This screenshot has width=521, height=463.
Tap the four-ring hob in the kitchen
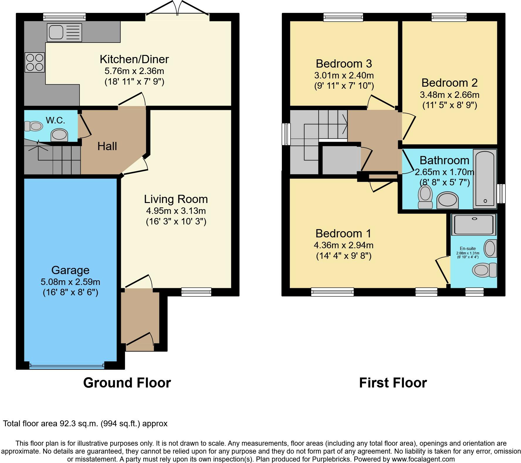(x=35, y=62)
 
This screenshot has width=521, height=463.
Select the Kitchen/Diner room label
(x=134, y=59)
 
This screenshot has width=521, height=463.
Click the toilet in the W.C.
(x=33, y=126)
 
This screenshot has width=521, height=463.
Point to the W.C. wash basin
(x=60, y=135)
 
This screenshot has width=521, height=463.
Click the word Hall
(x=107, y=146)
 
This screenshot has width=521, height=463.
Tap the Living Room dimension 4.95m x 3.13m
(x=176, y=211)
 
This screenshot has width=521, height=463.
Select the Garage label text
(x=70, y=270)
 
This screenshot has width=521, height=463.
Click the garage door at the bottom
(x=67, y=366)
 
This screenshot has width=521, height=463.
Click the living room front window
(x=196, y=291)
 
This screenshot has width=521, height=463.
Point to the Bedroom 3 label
(x=344, y=63)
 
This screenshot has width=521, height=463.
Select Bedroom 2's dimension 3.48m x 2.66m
(x=449, y=95)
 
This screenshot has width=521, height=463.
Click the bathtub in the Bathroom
(x=485, y=178)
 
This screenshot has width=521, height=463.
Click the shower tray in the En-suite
(x=474, y=225)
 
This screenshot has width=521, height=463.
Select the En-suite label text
(x=468, y=249)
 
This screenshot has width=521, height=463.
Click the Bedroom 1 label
(x=343, y=234)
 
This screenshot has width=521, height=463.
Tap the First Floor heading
(x=393, y=383)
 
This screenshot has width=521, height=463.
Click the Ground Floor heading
(x=127, y=383)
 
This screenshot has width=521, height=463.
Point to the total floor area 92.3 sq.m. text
(x=85, y=424)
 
